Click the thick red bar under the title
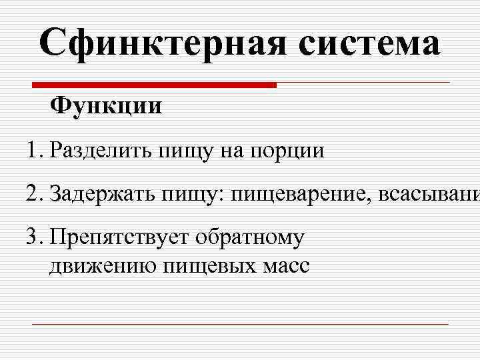(155, 85)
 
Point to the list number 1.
(34, 151)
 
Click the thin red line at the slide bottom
(240, 324)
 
